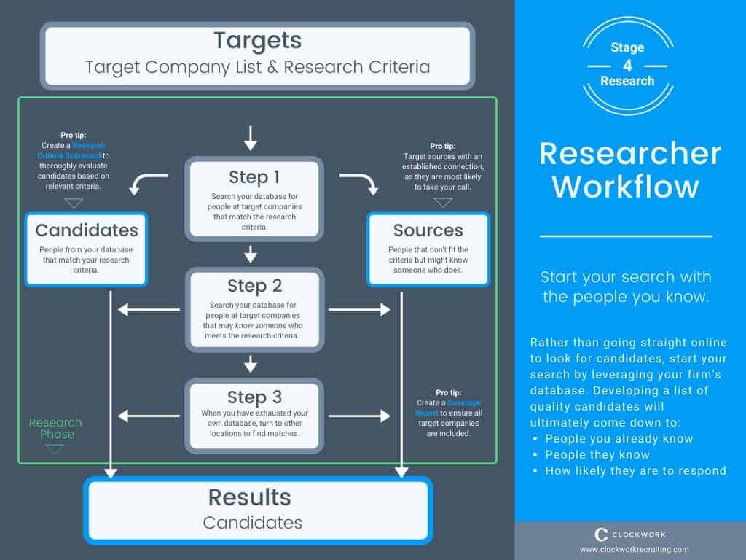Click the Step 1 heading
pos(254,177)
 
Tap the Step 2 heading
pos(254,285)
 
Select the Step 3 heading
pos(254,397)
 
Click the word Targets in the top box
pos(257,40)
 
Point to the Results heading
pos(249,497)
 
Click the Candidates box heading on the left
pos(87,230)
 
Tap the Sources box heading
pos(428,230)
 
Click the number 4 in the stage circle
pos(627,64)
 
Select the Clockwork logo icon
pos(602,534)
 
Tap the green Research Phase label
pos(55,428)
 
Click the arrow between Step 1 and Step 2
pos(251,254)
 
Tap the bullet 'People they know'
pos(597,454)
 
